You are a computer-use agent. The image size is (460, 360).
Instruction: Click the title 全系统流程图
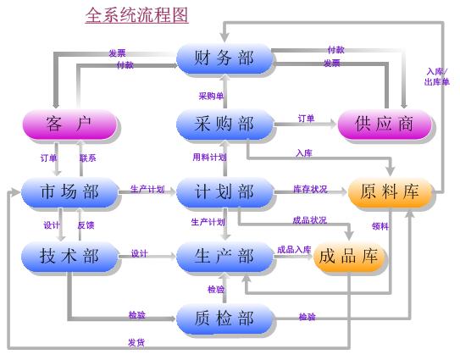point(136,15)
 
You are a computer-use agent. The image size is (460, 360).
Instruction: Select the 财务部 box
point(224,58)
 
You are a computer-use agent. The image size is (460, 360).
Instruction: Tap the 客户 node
point(69,125)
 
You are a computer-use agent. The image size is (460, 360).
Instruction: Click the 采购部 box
point(224,125)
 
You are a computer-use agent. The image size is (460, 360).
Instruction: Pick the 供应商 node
point(385,125)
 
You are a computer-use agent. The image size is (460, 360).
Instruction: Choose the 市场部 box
point(69,192)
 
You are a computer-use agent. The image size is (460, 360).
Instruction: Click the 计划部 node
point(224,192)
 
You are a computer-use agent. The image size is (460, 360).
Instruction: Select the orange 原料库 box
point(391,191)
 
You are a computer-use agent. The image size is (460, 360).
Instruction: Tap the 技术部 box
point(69,256)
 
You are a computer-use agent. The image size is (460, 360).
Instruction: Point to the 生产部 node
point(224,256)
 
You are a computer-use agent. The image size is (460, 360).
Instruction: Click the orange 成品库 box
point(349,257)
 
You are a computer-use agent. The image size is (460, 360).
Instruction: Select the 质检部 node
point(224,318)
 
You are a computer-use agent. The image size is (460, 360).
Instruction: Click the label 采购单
point(211,96)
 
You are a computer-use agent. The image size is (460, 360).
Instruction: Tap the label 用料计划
point(209,158)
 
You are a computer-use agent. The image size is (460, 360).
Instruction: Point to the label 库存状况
point(310,189)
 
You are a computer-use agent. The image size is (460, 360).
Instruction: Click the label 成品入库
point(294,250)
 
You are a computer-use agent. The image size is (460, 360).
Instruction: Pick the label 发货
point(136,342)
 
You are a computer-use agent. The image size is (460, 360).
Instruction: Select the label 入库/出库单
point(437,77)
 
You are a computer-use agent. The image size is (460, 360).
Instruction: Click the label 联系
point(88,158)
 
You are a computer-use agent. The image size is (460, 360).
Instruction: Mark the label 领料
point(380,226)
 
